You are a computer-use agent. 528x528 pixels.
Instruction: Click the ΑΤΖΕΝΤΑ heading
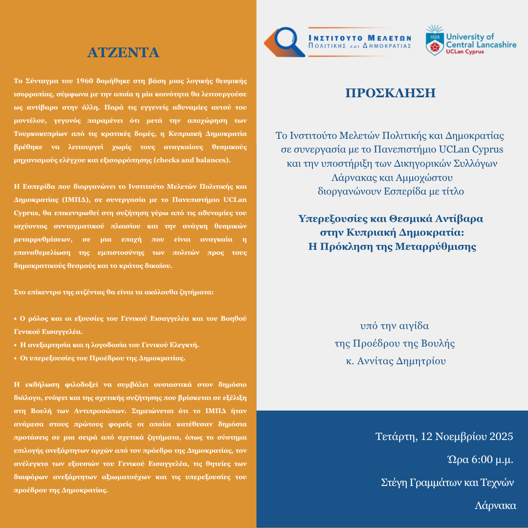pyautogui.click(x=123, y=52)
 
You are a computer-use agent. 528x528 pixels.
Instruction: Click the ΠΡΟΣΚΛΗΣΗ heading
pyautogui.click(x=390, y=93)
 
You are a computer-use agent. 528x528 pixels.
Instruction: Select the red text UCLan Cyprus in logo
pyautogui.click(x=466, y=51)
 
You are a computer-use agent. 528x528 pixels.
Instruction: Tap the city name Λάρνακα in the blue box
pyautogui.click(x=495, y=506)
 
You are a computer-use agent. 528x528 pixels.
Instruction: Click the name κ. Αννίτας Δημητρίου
pyautogui.click(x=394, y=361)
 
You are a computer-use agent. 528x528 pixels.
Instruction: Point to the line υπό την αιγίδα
pyautogui.click(x=394, y=326)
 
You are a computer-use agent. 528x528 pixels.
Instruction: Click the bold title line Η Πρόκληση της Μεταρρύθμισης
pyautogui.click(x=392, y=246)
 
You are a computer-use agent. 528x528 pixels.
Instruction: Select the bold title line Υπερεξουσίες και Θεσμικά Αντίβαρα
pyautogui.click(x=391, y=219)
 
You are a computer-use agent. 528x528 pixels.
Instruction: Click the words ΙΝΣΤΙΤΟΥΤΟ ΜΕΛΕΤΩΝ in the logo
pyautogui.click(x=360, y=37)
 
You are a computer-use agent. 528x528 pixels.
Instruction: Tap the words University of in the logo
pyautogui.click(x=470, y=37)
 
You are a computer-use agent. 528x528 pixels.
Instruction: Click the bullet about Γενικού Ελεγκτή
pyautogui.click(x=109, y=345)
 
